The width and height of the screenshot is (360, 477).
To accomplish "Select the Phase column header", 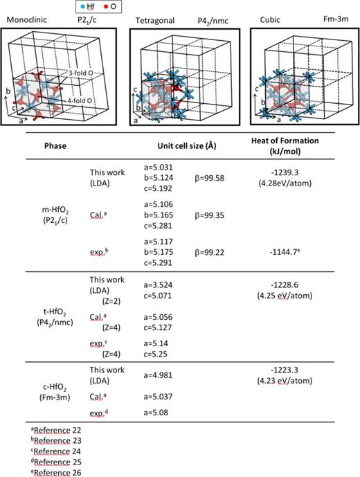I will pos(56,147).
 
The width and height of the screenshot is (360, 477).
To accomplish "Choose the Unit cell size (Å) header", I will pos(187,147).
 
